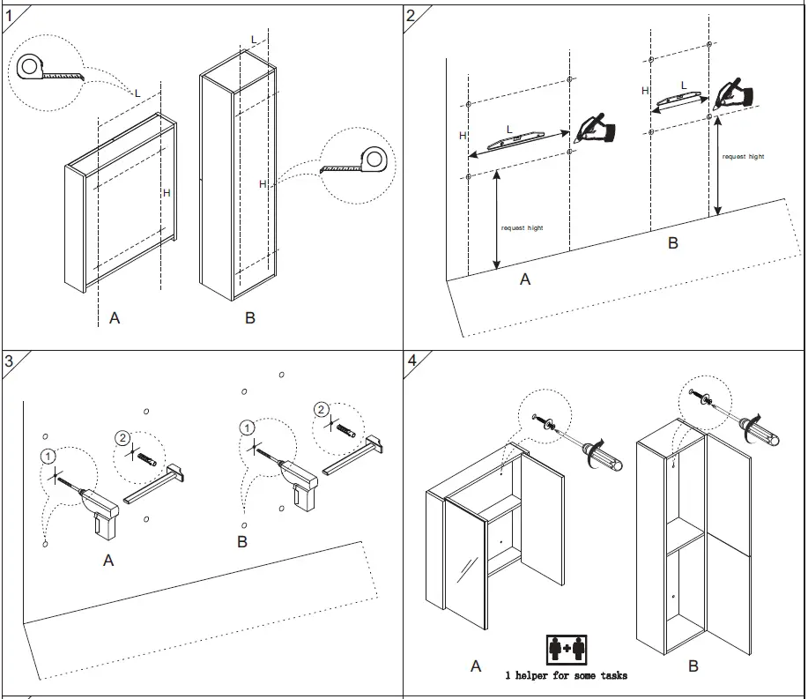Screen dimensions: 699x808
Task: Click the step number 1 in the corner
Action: click(x=10, y=15)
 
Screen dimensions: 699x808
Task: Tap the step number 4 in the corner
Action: click(x=412, y=361)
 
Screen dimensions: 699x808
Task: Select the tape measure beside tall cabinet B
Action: click(x=361, y=161)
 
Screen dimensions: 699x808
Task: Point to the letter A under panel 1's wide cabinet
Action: click(x=115, y=318)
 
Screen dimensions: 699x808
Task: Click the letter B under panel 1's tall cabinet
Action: click(x=250, y=318)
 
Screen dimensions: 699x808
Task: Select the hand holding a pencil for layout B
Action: click(x=733, y=93)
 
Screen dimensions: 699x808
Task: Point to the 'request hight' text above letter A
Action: click(x=523, y=228)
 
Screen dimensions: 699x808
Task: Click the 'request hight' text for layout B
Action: click(x=744, y=157)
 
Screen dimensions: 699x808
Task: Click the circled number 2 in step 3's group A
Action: click(x=123, y=438)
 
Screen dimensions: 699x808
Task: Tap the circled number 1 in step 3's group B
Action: click(x=248, y=428)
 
